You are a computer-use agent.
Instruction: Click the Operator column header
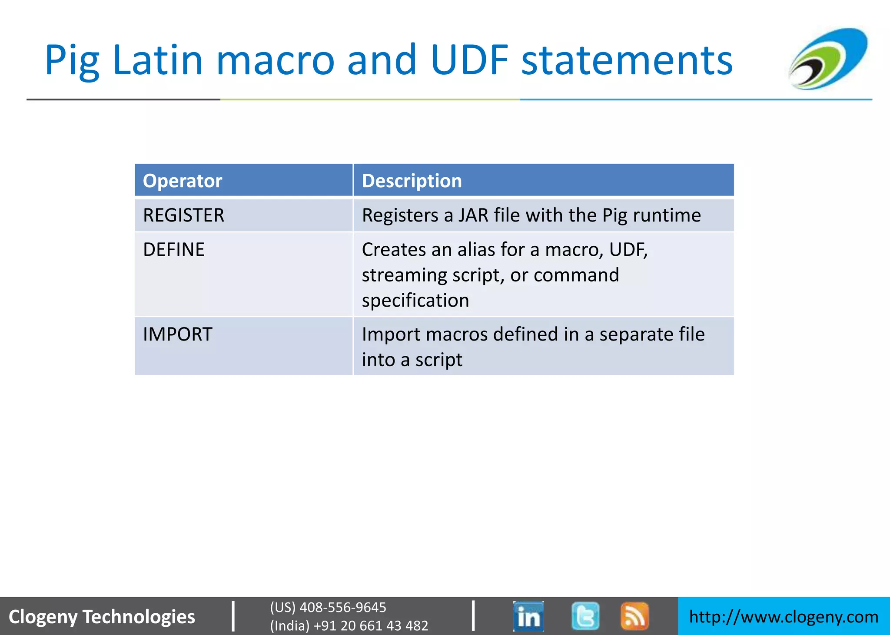[183, 181]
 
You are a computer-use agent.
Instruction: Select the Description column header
[412, 181]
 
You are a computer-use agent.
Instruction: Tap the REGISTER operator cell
[183, 215]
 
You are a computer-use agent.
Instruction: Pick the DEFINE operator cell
[174, 250]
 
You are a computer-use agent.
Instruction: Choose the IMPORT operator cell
[178, 334]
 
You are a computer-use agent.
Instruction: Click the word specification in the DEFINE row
[415, 301]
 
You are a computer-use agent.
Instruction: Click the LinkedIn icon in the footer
[528, 616]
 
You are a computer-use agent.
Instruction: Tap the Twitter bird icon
[585, 616]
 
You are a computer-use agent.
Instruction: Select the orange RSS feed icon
[634, 616]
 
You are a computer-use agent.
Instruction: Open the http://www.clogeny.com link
[784, 617]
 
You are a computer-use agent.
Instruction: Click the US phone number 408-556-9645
[342, 607]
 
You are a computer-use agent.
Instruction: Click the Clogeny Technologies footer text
[102, 617]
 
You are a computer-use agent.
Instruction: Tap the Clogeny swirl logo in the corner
[828, 59]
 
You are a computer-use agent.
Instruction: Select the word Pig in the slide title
[72, 61]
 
